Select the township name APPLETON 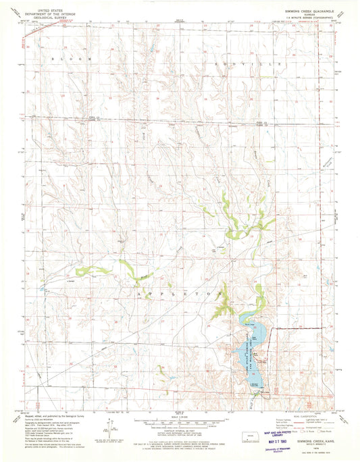coord(179,295)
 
